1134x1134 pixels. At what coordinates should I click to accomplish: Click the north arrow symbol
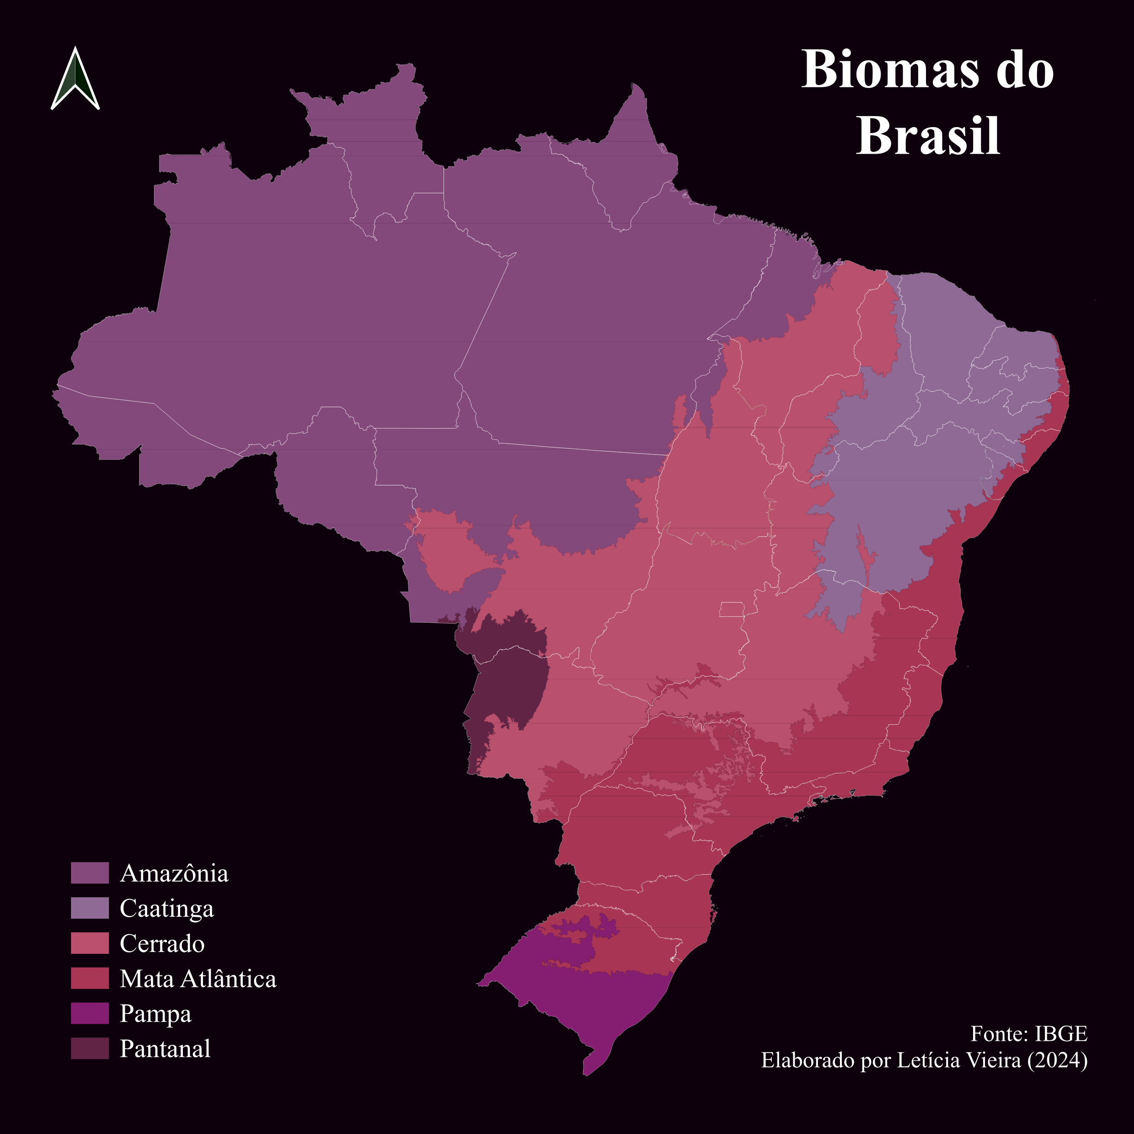(75, 79)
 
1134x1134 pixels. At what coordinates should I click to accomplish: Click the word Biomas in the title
(890, 70)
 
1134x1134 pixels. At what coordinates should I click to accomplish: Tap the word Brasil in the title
(928, 136)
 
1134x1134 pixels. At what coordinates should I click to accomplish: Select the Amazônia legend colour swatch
(90, 873)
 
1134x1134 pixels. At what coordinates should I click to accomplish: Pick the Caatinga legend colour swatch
(90, 908)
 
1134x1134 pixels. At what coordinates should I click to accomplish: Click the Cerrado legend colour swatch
(90, 943)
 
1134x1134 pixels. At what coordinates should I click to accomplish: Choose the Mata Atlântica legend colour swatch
(90, 979)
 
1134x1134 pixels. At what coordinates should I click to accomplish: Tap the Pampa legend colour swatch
(90, 1014)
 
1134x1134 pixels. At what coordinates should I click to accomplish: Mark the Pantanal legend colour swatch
(90, 1049)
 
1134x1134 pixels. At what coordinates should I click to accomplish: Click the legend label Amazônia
(174, 873)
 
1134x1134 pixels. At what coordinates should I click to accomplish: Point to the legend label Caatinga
(167, 909)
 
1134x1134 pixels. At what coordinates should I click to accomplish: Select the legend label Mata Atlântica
(198, 979)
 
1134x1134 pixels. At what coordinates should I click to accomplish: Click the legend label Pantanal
(165, 1049)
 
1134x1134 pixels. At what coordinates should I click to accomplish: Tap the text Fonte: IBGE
(1029, 1033)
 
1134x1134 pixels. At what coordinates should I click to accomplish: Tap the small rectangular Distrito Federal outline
(731, 609)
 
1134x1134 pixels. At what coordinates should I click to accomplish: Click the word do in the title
(1025, 70)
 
